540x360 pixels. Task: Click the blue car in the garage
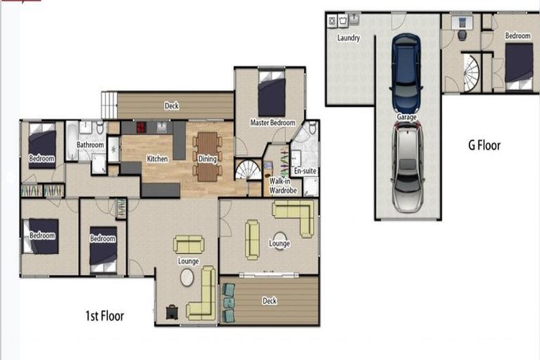(x=406, y=72)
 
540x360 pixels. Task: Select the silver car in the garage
(x=407, y=168)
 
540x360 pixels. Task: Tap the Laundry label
(x=349, y=37)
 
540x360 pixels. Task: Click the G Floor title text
(x=484, y=146)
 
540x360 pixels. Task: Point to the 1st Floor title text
(x=105, y=316)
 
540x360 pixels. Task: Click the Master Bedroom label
(x=273, y=122)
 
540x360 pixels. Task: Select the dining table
(x=207, y=157)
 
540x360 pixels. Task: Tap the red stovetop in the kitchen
(x=141, y=127)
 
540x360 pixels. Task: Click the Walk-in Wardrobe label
(x=283, y=186)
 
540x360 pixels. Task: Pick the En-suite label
(x=305, y=171)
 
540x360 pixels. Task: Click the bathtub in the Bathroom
(x=72, y=141)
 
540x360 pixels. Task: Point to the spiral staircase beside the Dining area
(x=248, y=169)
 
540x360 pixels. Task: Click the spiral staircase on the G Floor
(x=471, y=73)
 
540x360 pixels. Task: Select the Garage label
(x=406, y=117)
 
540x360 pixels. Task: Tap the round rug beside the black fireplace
(x=187, y=278)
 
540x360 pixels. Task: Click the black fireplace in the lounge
(x=172, y=312)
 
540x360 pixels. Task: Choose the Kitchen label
(x=157, y=159)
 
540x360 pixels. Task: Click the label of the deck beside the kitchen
(x=172, y=105)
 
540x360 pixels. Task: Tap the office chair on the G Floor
(x=462, y=34)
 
